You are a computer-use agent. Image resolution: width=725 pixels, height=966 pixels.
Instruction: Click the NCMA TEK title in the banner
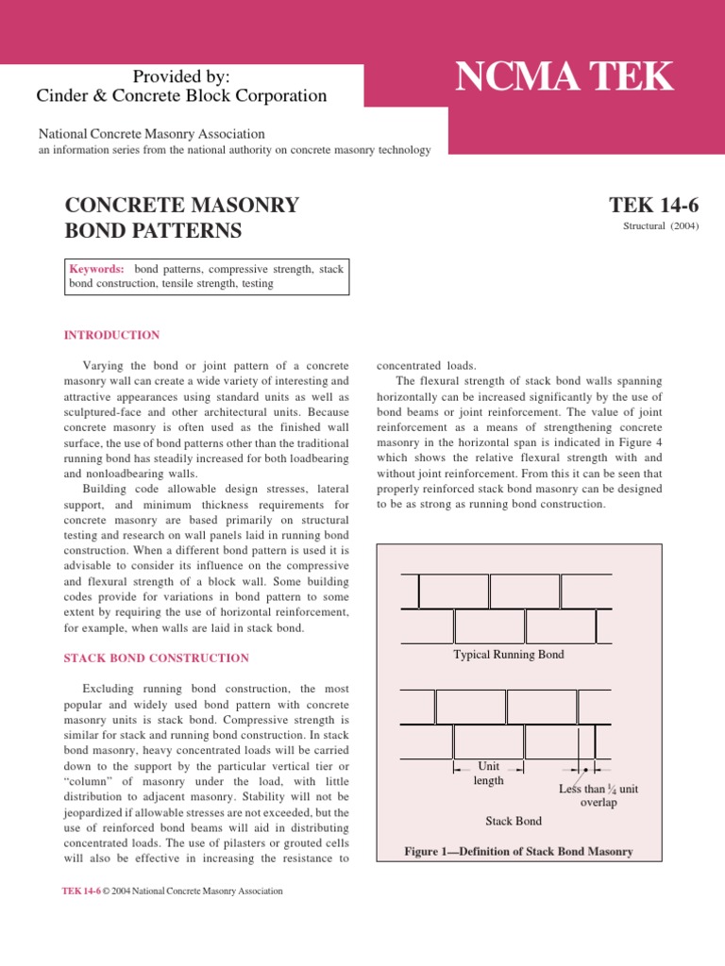(x=565, y=77)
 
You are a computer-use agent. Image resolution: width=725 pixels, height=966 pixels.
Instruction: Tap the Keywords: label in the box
(x=97, y=269)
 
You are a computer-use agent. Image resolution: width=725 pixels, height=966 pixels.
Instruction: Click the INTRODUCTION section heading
(x=111, y=335)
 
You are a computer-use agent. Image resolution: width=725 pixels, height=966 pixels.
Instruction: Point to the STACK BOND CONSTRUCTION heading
(x=156, y=658)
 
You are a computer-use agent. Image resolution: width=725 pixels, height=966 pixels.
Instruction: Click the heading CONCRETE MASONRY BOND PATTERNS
(x=181, y=218)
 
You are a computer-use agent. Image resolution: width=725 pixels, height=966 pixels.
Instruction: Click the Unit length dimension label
(x=488, y=774)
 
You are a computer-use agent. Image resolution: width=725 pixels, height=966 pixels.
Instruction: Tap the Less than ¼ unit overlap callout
(x=599, y=795)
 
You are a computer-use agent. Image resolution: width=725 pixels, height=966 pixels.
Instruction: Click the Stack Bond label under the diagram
(x=514, y=821)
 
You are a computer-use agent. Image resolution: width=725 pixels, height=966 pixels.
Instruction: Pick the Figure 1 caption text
(x=518, y=852)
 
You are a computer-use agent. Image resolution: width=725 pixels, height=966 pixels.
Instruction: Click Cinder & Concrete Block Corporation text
(x=181, y=96)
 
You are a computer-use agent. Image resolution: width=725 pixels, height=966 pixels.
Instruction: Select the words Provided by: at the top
(x=181, y=76)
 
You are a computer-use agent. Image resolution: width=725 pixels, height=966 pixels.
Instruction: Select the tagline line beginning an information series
(x=234, y=150)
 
